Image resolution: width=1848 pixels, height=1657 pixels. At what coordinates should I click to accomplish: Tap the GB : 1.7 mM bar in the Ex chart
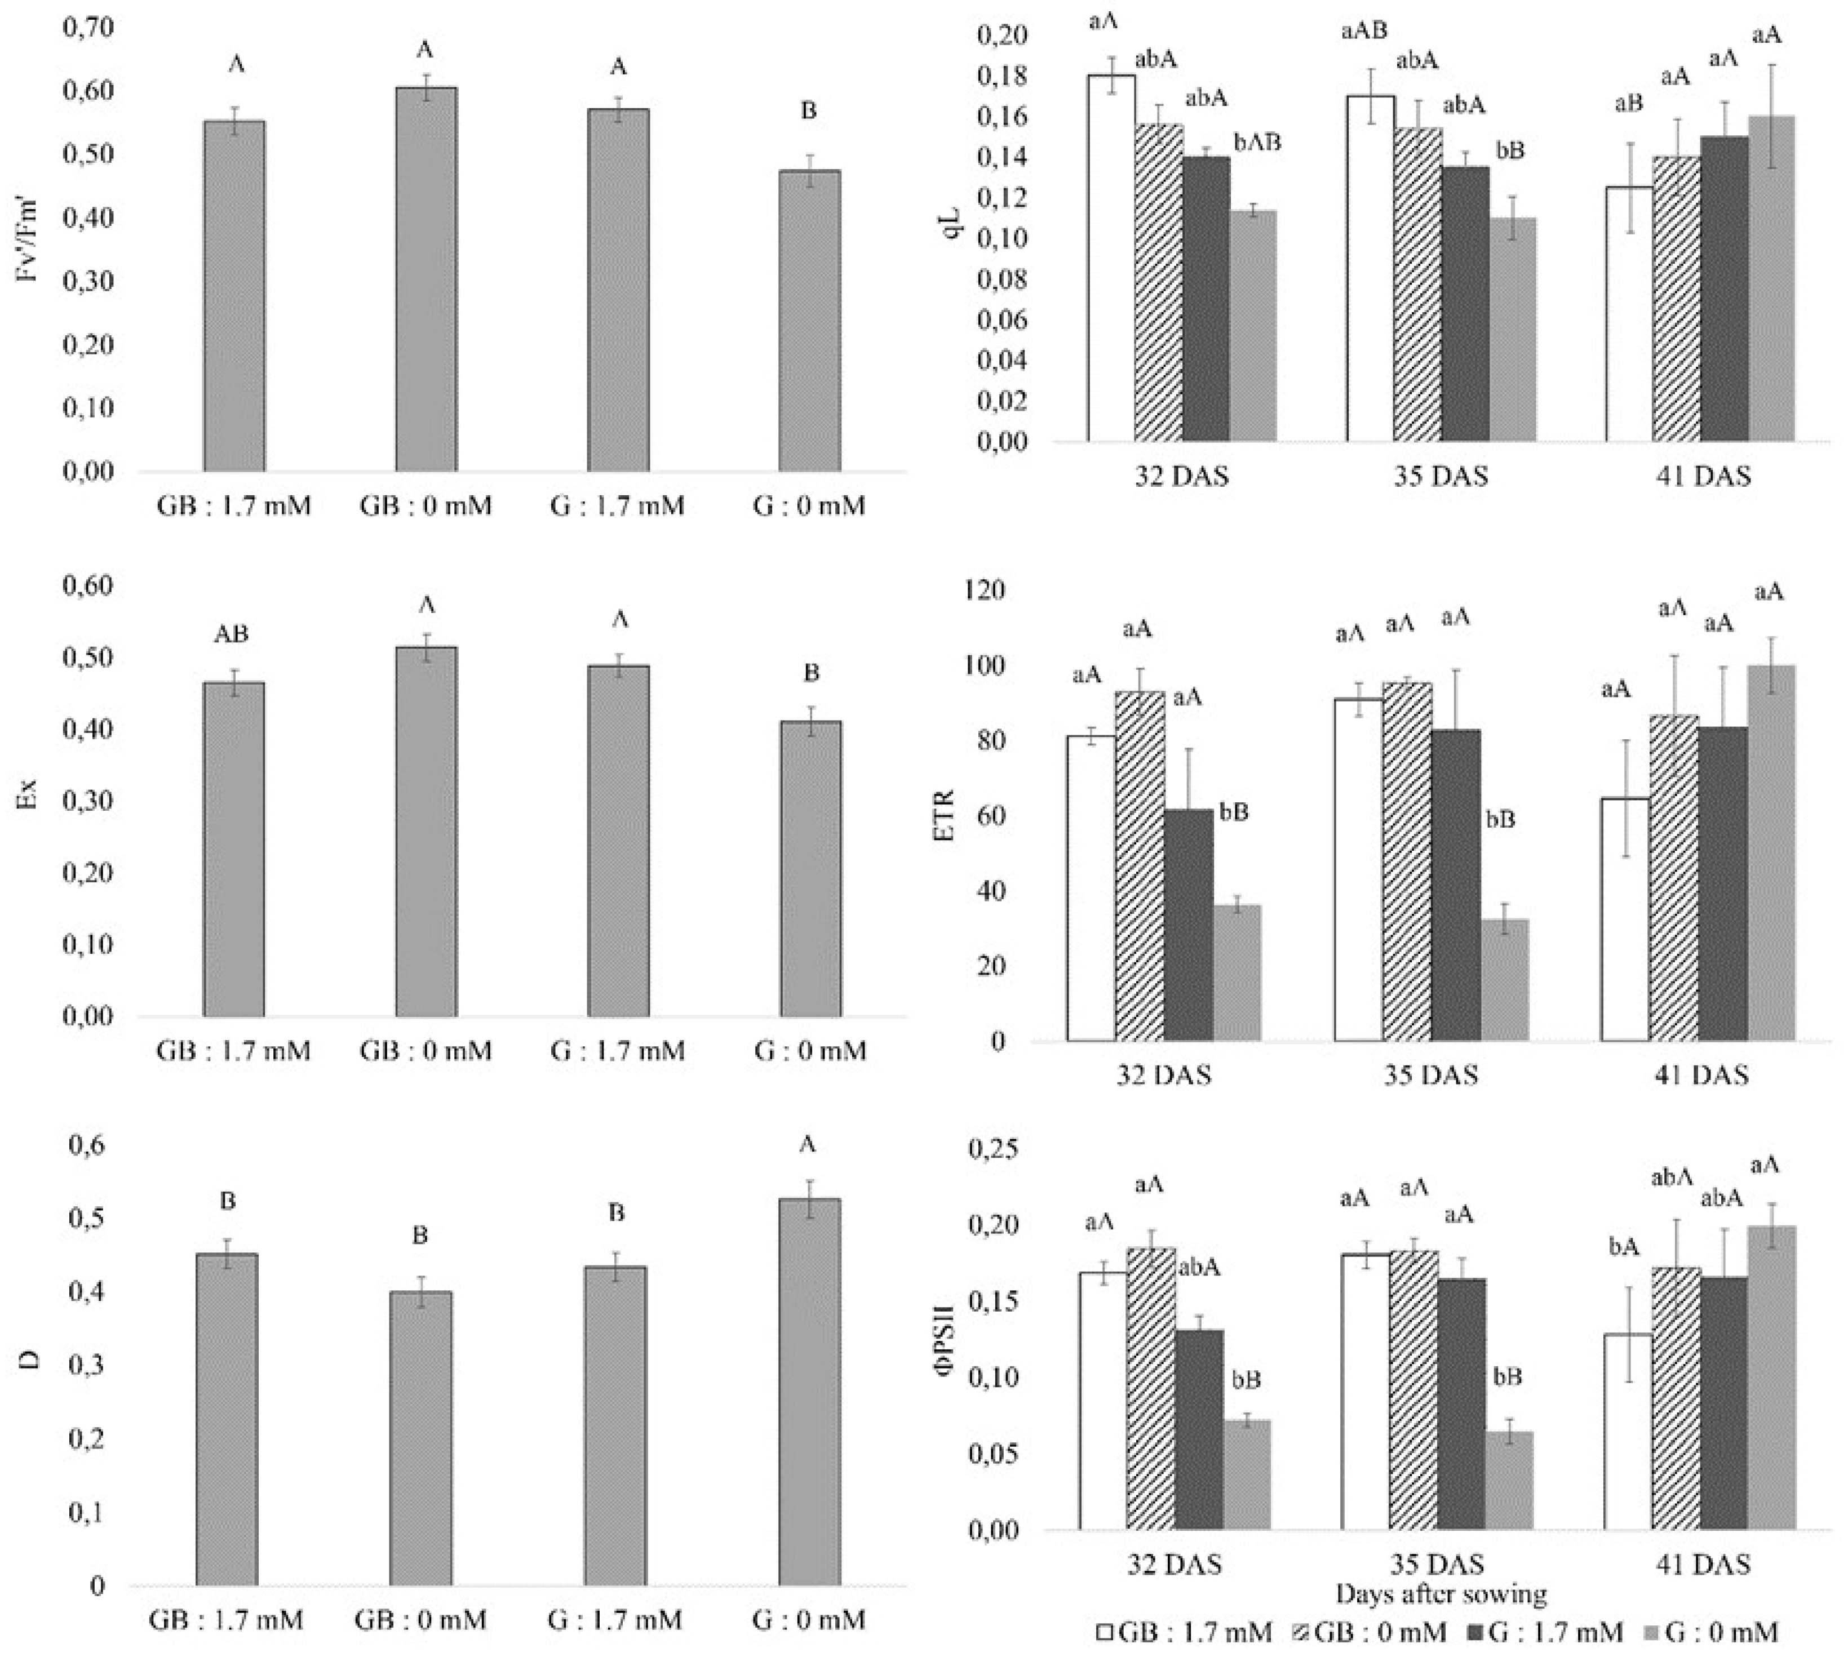pyautogui.click(x=234, y=850)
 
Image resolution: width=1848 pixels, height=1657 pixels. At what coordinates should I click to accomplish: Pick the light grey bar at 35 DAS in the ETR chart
pyautogui.click(x=1505, y=980)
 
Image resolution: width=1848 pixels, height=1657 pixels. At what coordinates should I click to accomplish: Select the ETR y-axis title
pyautogui.click(x=945, y=816)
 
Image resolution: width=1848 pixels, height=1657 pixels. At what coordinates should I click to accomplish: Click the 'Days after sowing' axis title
pyautogui.click(x=1441, y=1595)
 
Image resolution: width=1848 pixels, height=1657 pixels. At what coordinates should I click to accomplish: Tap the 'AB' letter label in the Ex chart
pyautogui.click(x=231, y=634)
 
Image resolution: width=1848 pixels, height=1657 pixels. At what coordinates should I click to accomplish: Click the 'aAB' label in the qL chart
pyautogui.click(x=1364, y=31)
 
